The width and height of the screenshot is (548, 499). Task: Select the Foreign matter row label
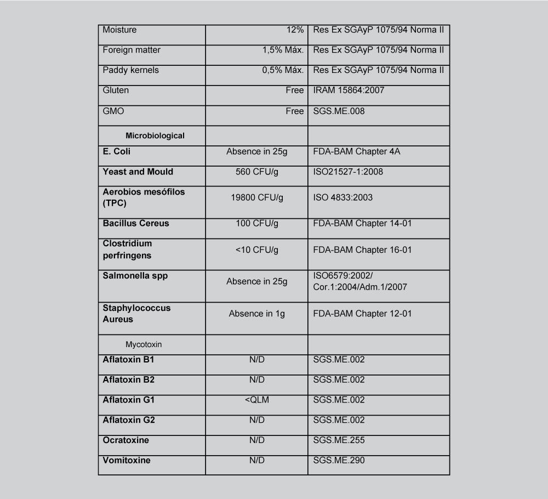click(132, 50)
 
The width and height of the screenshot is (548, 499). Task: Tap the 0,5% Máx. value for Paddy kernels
click(283, 70)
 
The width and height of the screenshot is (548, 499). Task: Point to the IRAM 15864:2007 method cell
click(349, 90)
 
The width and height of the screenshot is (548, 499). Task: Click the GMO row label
click(113, 111)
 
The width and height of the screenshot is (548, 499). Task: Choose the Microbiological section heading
click(155, 135)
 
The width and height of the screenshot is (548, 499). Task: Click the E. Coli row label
click(117, 151)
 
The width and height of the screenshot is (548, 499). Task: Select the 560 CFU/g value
click(257, 172)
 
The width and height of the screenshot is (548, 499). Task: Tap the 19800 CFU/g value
click(257, 197)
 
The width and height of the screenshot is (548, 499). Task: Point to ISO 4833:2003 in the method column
click(342, 197)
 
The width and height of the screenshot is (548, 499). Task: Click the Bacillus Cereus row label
click(136, 223)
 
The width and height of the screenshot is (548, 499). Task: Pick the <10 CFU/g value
click(257, 250)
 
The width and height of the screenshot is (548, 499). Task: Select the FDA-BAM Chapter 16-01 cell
click(362, 250)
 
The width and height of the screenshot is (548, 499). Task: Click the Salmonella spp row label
click(135, 276)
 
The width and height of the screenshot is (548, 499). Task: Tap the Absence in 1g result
click(257, 314)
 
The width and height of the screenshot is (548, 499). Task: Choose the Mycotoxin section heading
click(144, 345)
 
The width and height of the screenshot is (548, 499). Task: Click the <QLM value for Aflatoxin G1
click(257, 400)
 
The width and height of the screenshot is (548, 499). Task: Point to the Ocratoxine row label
click(125, 440)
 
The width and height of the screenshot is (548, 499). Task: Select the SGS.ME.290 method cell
click(339, 460)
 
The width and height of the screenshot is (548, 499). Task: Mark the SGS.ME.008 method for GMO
click(339, 111)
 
